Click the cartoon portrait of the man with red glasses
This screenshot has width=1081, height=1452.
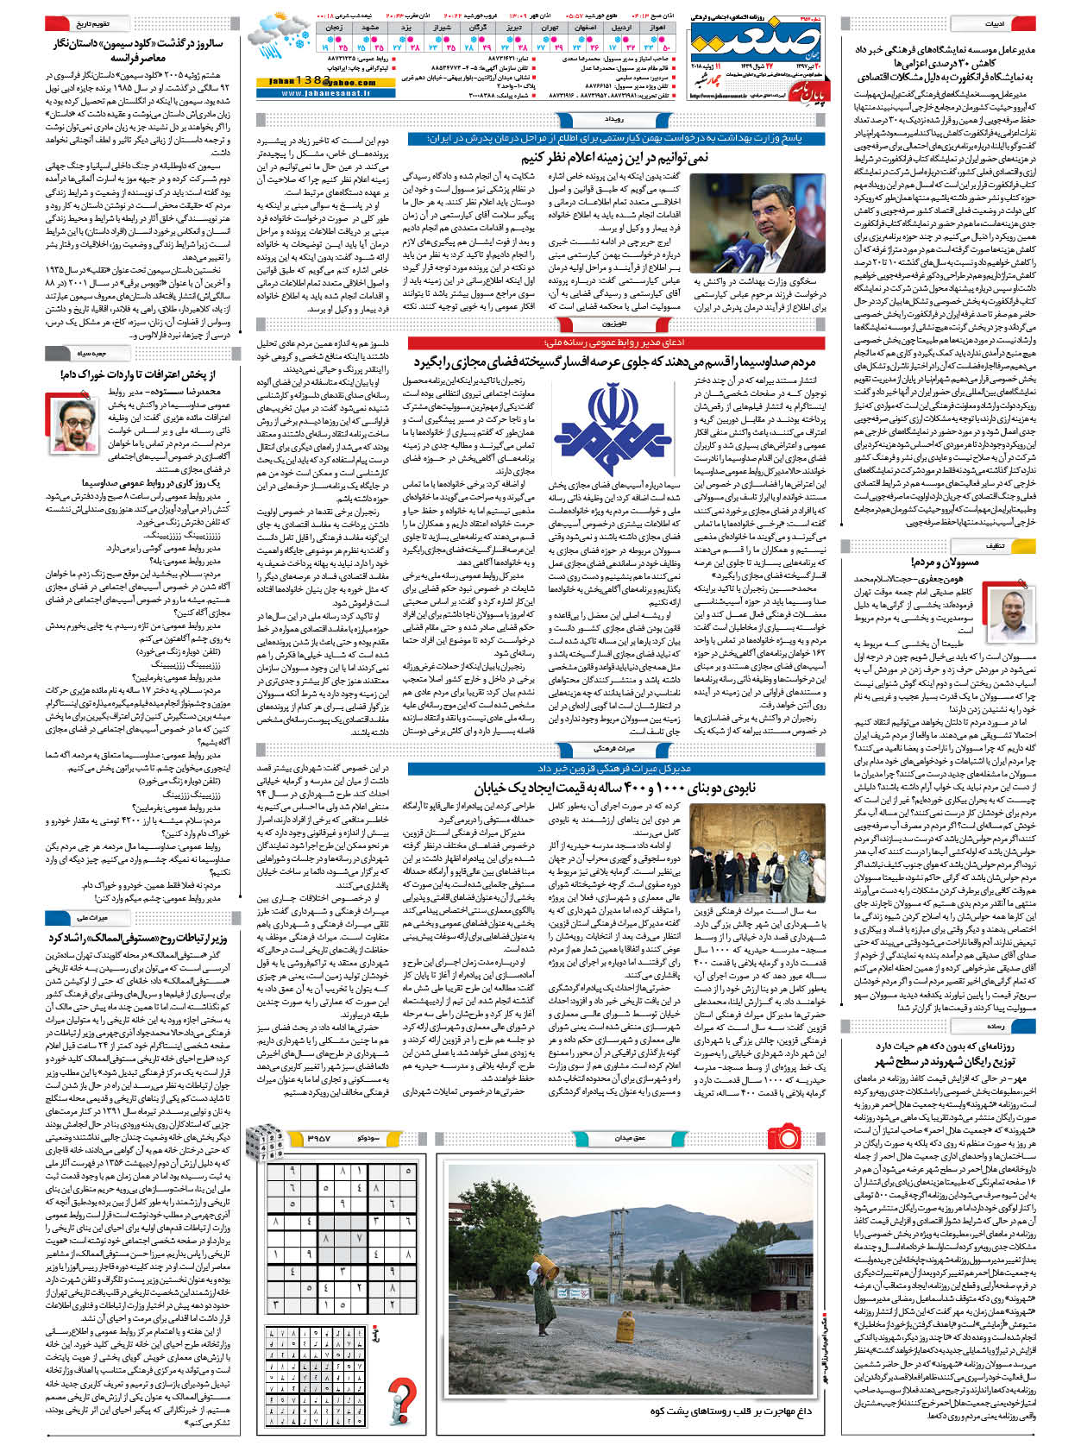(79, 422)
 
